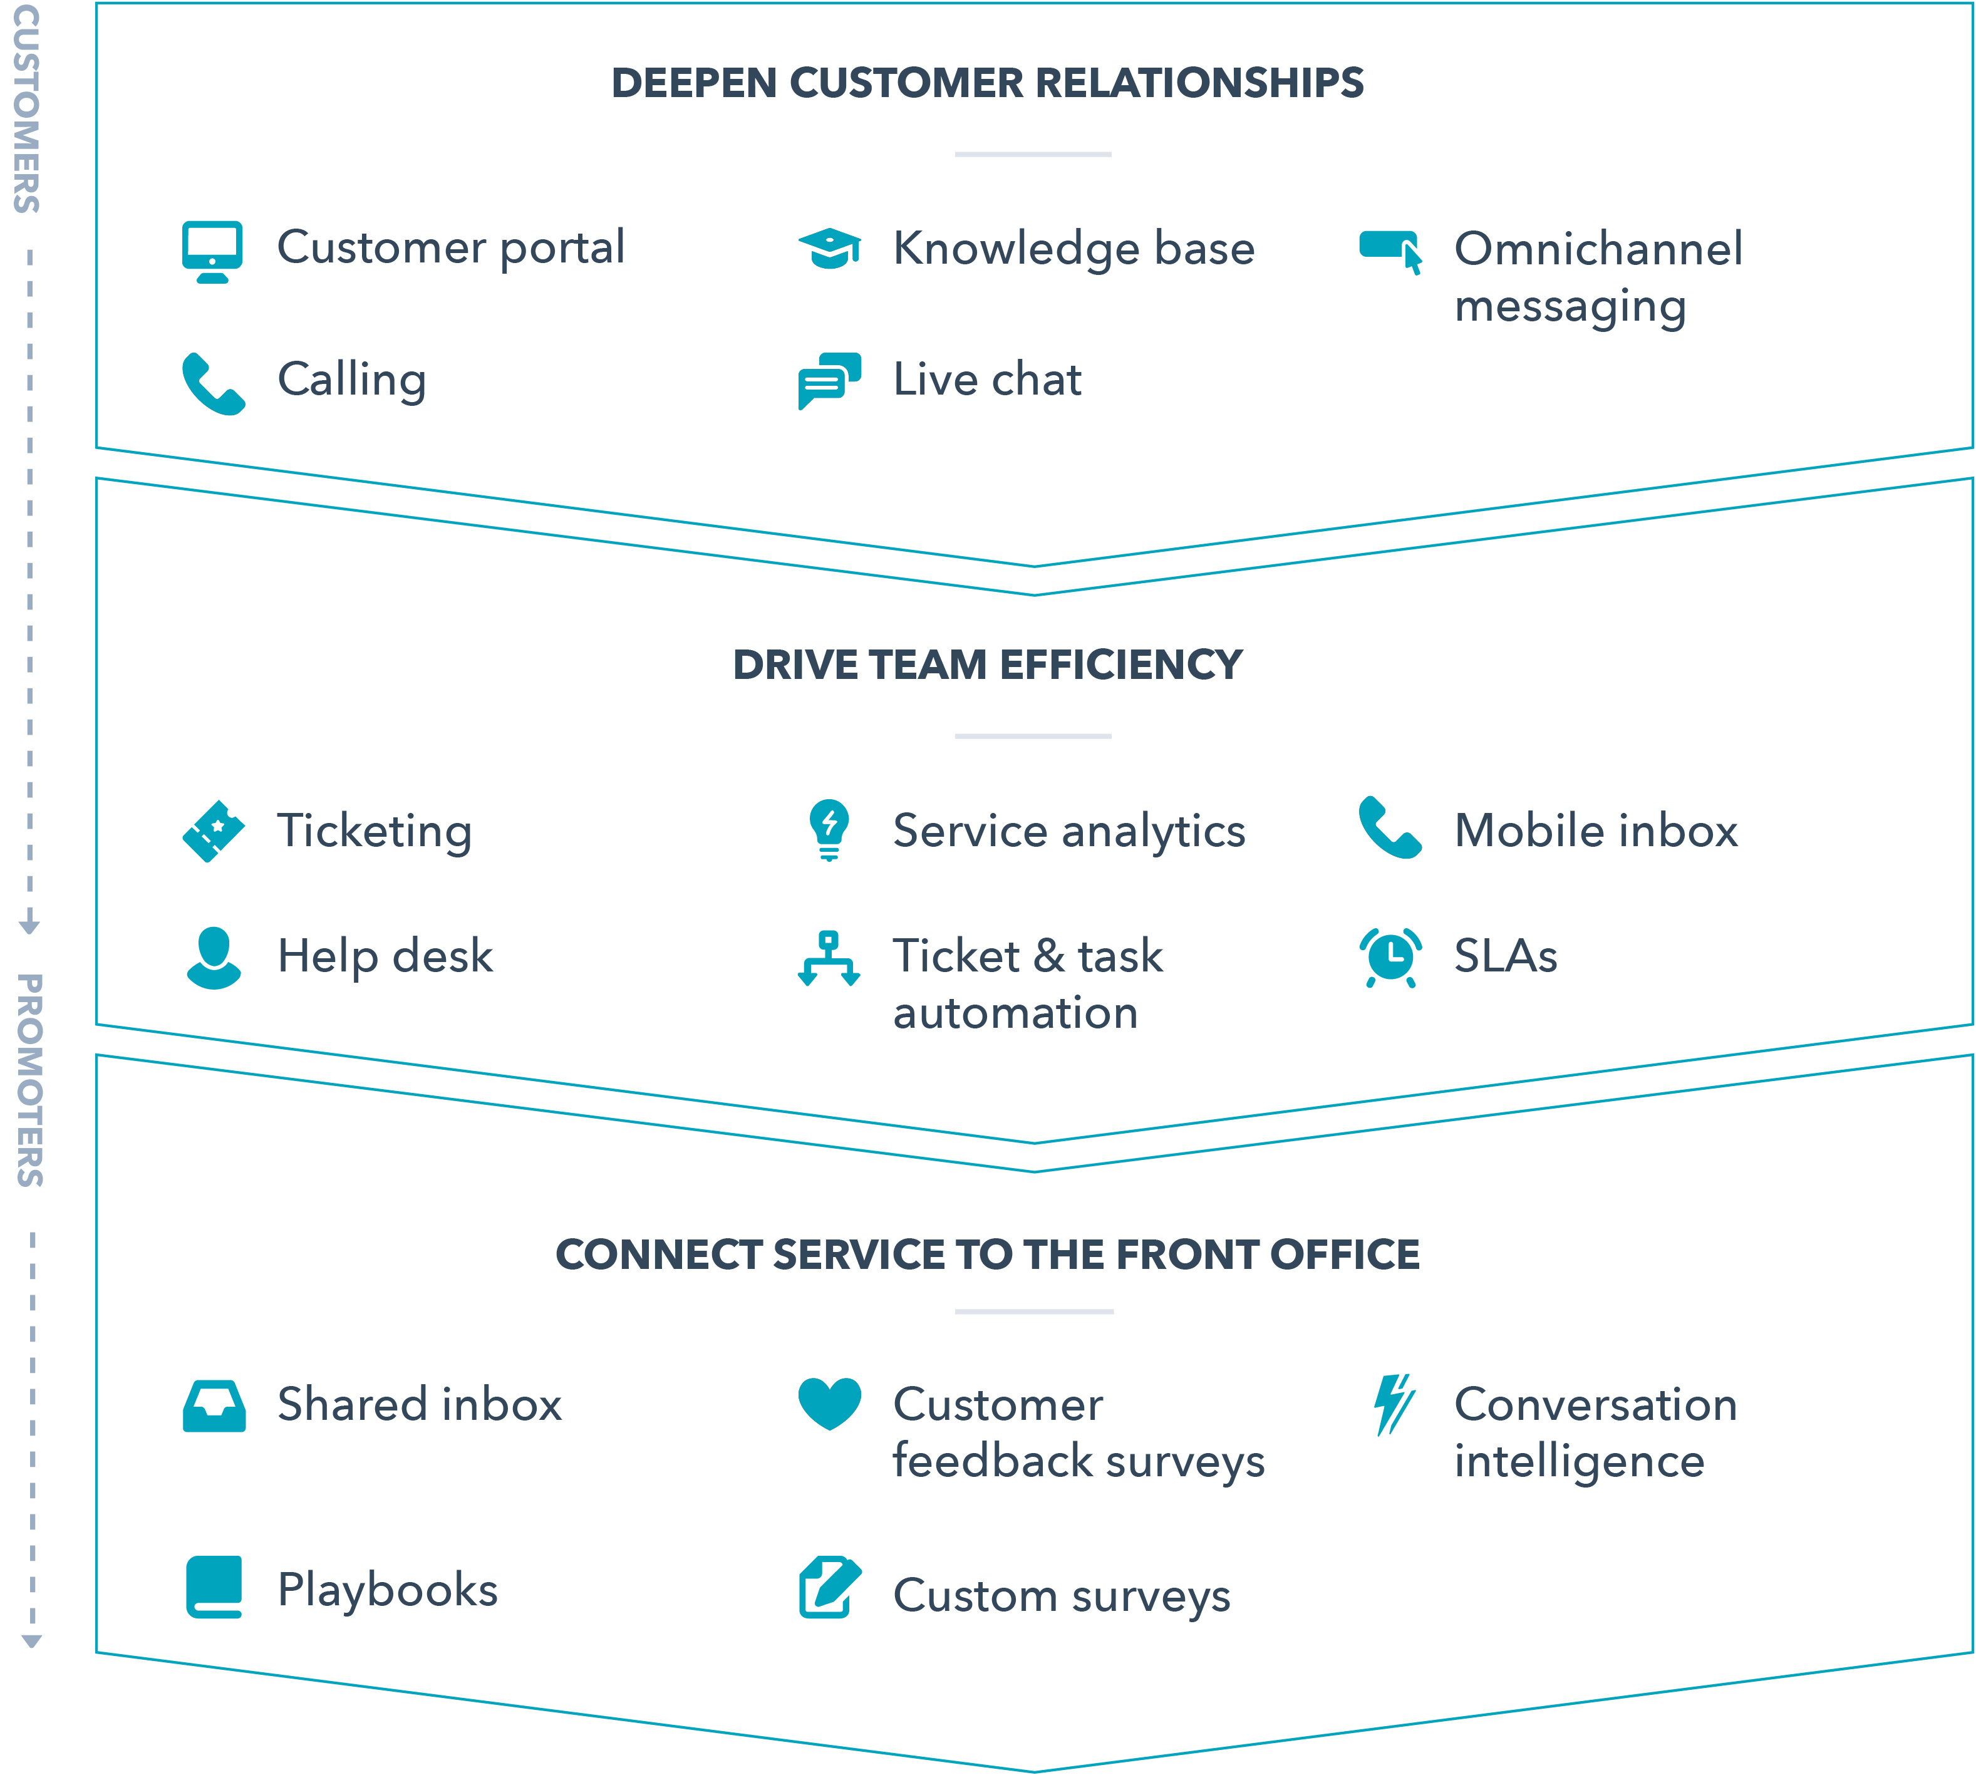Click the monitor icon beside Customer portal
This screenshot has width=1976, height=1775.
[212, 251]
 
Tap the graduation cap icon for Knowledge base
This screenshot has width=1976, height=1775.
[829, 249]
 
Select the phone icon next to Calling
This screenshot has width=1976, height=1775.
[212, 383]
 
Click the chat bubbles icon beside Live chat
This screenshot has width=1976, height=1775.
[829, 380]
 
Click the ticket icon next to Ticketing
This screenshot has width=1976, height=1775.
[212, 831]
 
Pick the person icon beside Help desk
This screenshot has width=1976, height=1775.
[212, 958]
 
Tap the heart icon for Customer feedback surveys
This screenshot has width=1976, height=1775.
[829, 1402]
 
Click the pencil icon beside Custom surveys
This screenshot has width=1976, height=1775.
[829, 1586]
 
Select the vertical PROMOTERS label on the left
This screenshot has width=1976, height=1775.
[29, 1080]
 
